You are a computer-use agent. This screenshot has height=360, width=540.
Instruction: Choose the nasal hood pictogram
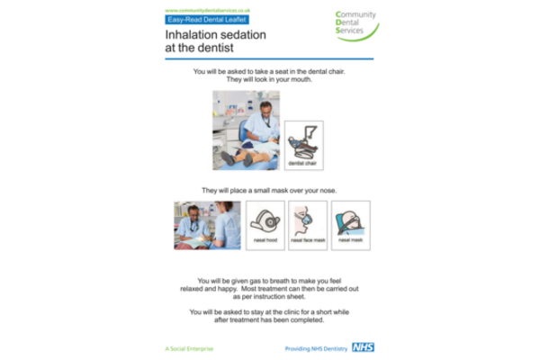point(265,225)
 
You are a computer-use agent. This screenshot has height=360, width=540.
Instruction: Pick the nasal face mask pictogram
point(308,225)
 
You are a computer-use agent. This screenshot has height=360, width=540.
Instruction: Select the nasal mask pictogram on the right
point(351,225)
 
